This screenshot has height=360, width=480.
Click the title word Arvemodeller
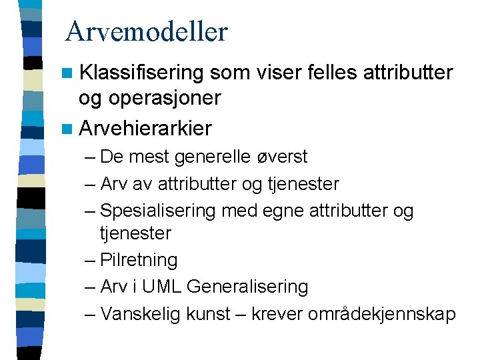(x=147, y=31)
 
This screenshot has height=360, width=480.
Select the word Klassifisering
(x=141, y=72)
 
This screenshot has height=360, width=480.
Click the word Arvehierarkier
(x=145, y=127)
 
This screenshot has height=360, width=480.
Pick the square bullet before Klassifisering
(x=69, y=73)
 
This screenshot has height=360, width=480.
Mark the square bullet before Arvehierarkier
(x=69, y=128)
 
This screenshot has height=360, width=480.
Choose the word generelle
(x=214, y=157)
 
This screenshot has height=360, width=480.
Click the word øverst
(x=283, y=157)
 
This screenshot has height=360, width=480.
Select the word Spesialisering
(x=158, y=211)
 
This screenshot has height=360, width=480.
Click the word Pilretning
(x=139, y=260)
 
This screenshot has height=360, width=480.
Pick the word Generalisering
(x=247, y=287)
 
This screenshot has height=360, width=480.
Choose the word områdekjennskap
(x=381, y=314)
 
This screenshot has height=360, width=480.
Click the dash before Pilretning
(x=91, y=261)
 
